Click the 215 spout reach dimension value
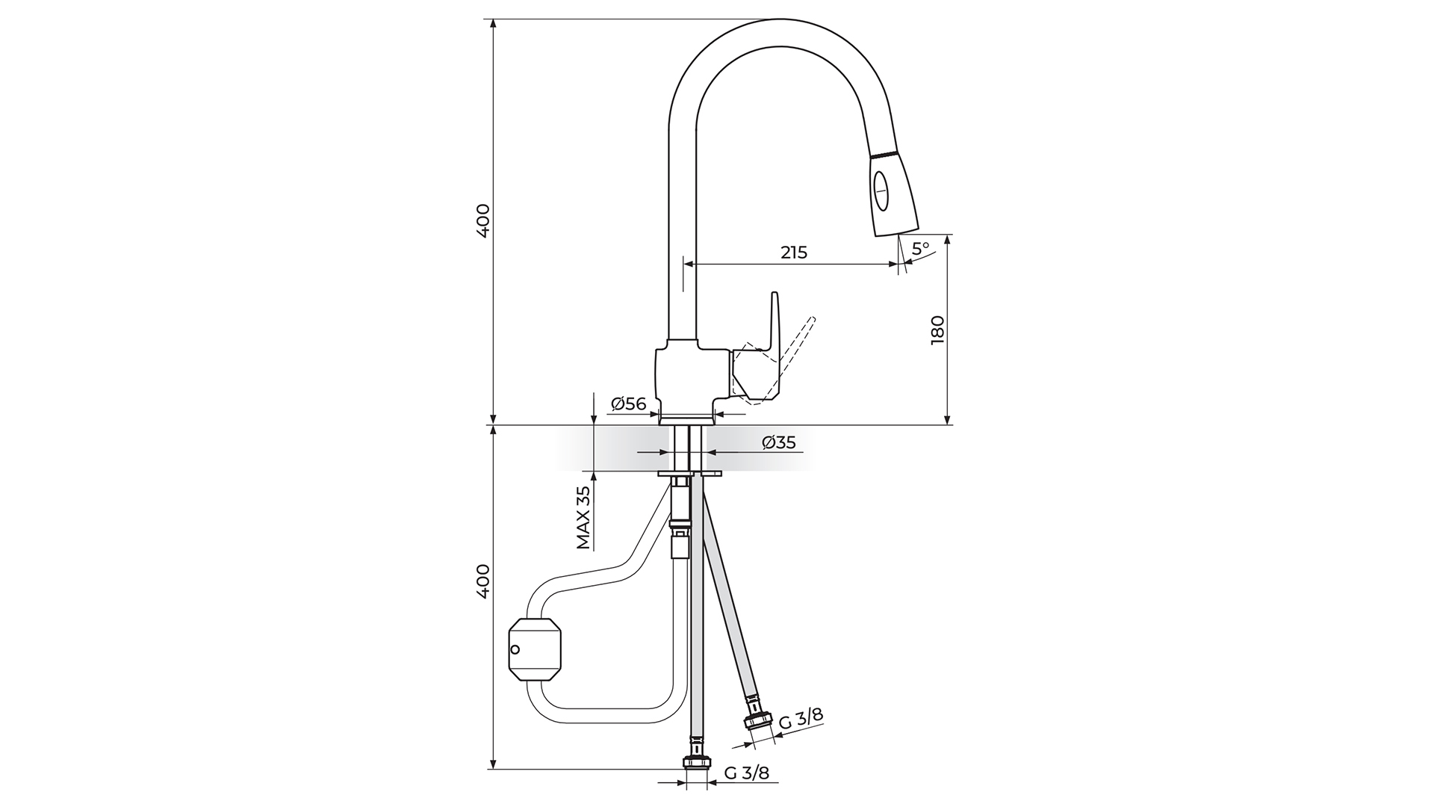point(794,253)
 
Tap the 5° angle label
point(920,247)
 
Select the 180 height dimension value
point(938,330)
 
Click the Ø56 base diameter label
point(627,404)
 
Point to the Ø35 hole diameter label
point(778,442)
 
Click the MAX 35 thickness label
point(584,517)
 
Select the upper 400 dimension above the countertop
point(483,220)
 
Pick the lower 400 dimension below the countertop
point(483,580)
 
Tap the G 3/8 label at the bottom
point(746,773)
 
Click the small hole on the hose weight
point(515,648)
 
